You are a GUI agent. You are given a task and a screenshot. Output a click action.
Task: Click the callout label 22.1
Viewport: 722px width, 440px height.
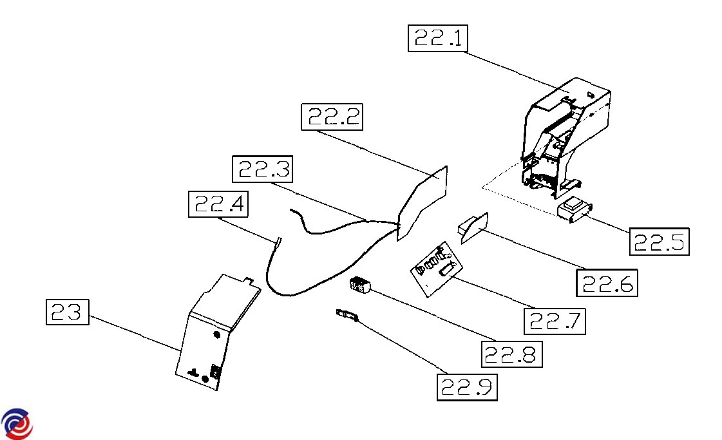(x=438, y=39)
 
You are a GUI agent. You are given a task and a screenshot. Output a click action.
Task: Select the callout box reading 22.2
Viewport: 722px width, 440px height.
(x=332, y=117)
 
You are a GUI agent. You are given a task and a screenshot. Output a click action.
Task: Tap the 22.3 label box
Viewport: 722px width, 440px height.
(x=261, y=169)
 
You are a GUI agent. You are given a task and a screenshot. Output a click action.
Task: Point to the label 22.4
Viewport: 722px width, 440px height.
(x=218, y=204)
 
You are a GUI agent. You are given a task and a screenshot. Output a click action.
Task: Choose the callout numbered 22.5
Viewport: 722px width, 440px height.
(x=658, y=242)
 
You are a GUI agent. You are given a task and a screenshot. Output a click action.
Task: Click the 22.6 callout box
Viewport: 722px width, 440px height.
(x=607, y=282)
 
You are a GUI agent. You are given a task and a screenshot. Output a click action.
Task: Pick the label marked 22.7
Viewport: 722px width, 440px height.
(x=555, y=320)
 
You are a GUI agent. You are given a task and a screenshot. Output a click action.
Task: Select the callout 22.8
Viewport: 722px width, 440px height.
(x=512, y=353)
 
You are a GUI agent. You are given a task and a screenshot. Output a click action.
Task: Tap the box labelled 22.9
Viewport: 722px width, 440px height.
(x=467, y=387)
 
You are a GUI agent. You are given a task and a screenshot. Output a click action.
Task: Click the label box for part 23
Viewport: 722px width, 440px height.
(x=67, y=312)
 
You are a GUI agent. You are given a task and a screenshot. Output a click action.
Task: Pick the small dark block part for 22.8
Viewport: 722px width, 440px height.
(x=360, y=285)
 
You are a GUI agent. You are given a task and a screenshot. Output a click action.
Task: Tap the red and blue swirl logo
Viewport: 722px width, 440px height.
(x=17, y=424)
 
